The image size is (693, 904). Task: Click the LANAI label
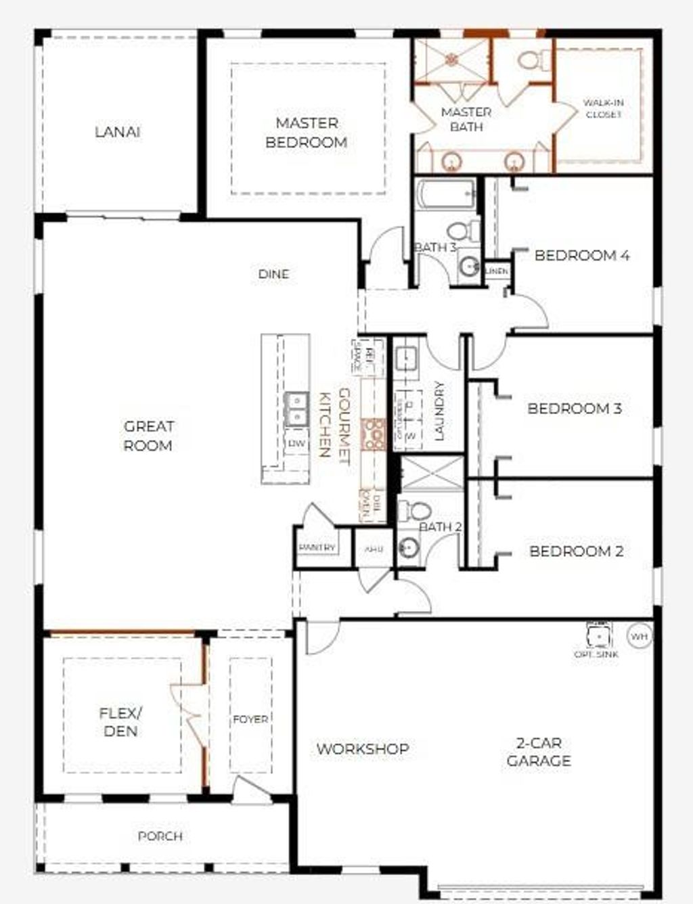tap(118, 132)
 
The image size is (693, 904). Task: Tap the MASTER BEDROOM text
tap(307, 133)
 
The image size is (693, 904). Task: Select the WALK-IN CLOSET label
tap(603, 109)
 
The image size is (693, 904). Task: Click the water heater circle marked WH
tap(639, 636)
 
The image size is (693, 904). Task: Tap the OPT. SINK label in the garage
tap(596, 654)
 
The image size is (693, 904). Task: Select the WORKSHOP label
tap(363, 749)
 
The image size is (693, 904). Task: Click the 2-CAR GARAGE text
tap(539, 752)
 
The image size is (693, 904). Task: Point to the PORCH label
tap(160, 836)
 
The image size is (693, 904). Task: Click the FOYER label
tap(250, 719)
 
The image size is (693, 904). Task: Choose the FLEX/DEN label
tap(120, 722)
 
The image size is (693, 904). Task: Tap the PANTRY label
tap(317, 547)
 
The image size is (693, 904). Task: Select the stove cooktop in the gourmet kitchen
tap(373, 434)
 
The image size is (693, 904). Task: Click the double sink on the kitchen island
tap(296, 409)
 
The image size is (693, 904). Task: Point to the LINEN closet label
tap(497, 271)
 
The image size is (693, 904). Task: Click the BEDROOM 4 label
tap(582, 256)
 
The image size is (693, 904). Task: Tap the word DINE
tap(273, 274)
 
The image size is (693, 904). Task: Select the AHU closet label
tap(374, 549)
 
